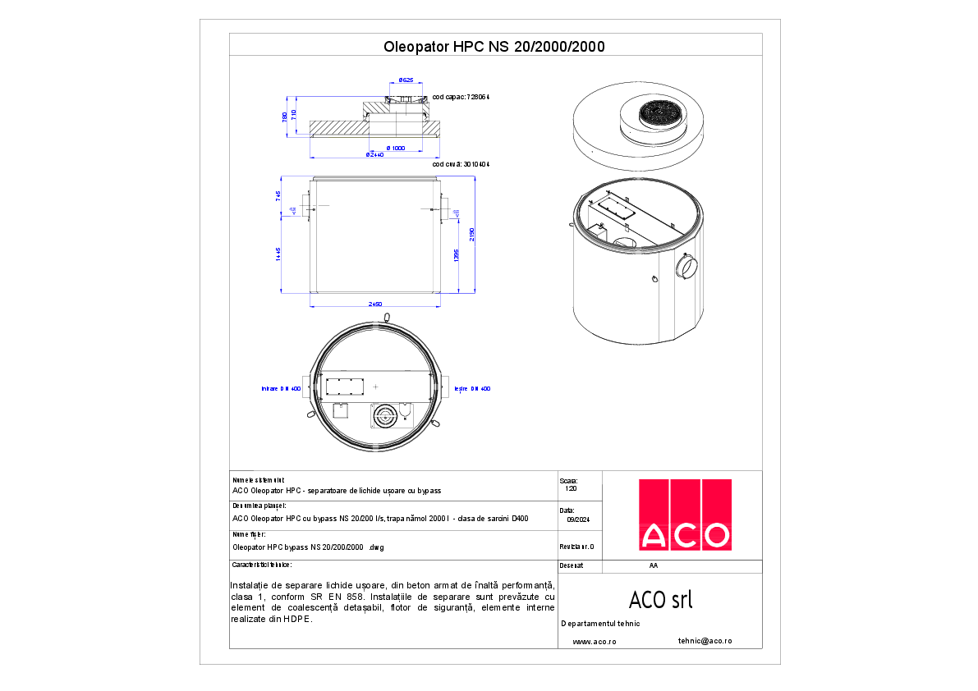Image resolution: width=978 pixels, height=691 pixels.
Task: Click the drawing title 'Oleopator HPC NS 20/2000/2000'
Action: coord(494,47)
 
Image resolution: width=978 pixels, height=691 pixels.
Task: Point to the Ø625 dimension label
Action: coord(405,80)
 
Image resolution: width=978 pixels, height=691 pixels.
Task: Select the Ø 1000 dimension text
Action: coord(396,148)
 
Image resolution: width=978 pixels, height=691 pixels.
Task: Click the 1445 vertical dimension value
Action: coord(279,254)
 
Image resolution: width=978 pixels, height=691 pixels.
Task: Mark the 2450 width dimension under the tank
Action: coord(375,304)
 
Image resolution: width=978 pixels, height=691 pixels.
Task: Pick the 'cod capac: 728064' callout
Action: coord(461,97)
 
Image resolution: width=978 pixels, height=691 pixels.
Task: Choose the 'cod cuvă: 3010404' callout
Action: coord(461,164)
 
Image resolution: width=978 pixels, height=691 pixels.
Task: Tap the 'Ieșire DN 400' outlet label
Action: coord(472,388)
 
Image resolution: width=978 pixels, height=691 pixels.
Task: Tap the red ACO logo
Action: coord(685,515)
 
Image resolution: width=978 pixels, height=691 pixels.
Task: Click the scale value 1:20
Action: coord(571,488)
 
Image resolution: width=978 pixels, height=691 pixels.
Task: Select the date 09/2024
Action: coord(578,519)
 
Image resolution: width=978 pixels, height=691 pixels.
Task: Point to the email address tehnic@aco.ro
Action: coord(705,640)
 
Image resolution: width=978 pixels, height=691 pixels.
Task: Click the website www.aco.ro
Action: coord(594,641)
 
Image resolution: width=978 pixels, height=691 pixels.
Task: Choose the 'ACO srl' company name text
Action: coord(660,600)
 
